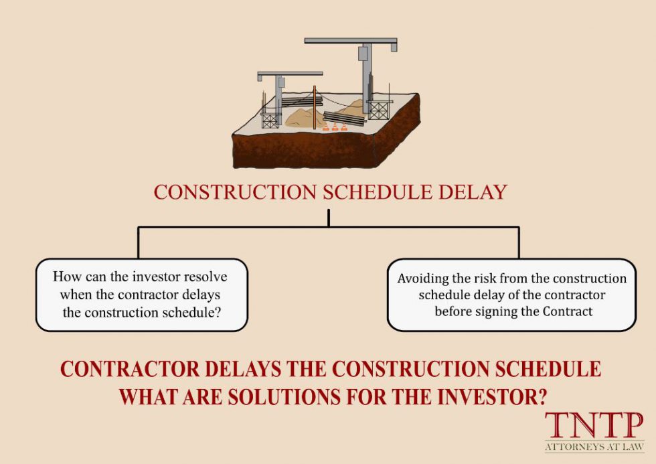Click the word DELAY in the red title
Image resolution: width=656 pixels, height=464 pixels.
click(x=473, y=192)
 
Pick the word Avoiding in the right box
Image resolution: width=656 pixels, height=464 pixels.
click(x=420, y=279)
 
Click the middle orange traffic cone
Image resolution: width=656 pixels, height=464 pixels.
click(x=335, y=126)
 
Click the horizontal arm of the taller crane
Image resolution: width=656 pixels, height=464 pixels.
click(x=351, y=42)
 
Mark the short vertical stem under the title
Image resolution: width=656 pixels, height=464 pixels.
click(x=329, y=218)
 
